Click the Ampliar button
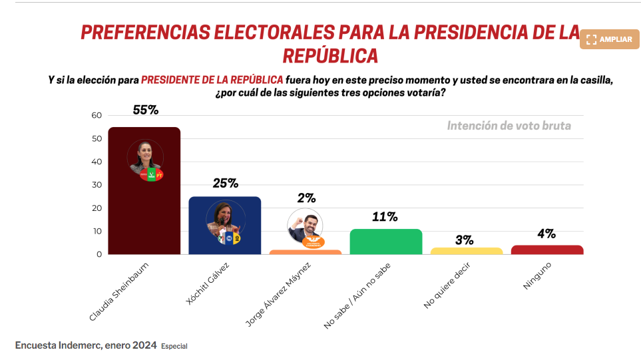tap(609, 39)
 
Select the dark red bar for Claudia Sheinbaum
tap(144, 213)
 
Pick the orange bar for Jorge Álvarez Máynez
tap(306, 252)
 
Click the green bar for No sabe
tap(386, 242)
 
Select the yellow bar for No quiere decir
tap(467, 251)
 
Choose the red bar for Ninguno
tap(547, 250)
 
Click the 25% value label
tap(225, 184)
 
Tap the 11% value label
tap(385, 217)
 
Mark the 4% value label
tap(546, 234)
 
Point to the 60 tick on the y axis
tap(97, 116)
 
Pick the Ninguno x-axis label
tap(537, 275)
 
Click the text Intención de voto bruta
tap(509, 126)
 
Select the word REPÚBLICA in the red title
tap(330, 55)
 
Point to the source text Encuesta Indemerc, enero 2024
tap(86, 345)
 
